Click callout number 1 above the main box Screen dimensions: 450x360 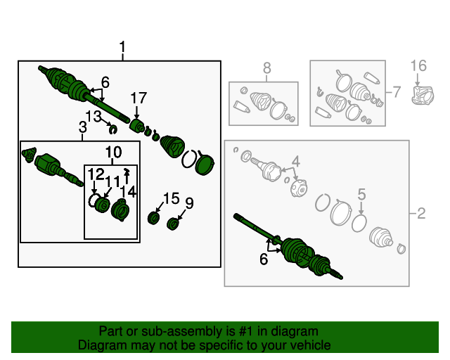[x=122, y=46]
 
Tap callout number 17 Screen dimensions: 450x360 [x=139, y=98]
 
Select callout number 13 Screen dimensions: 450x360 [x=94, y=117]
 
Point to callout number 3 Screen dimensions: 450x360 [x=83, y=127]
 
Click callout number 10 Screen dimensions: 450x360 [x=114, y=152]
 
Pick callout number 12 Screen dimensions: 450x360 [x=96, y=174]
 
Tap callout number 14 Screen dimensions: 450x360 [x=128, y=191]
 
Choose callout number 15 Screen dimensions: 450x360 [x=172, y=198]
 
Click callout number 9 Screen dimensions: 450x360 [x=189, y=203]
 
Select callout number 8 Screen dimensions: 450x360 [x=267, y=68]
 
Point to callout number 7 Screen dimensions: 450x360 [x=397, y=92]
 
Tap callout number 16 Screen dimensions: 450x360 [x=418, y=65]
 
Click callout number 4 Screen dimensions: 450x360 [x=296, y=162]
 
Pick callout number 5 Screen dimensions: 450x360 [x=361, y=194]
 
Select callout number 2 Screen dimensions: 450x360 [x=420, y=213]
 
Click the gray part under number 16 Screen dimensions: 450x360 [x=423, y=95]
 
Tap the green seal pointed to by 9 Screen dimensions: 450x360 [x=173, y=224]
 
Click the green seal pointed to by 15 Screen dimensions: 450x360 [x=153, y=218]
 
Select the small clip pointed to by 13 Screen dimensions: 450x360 [x=113, y=130]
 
